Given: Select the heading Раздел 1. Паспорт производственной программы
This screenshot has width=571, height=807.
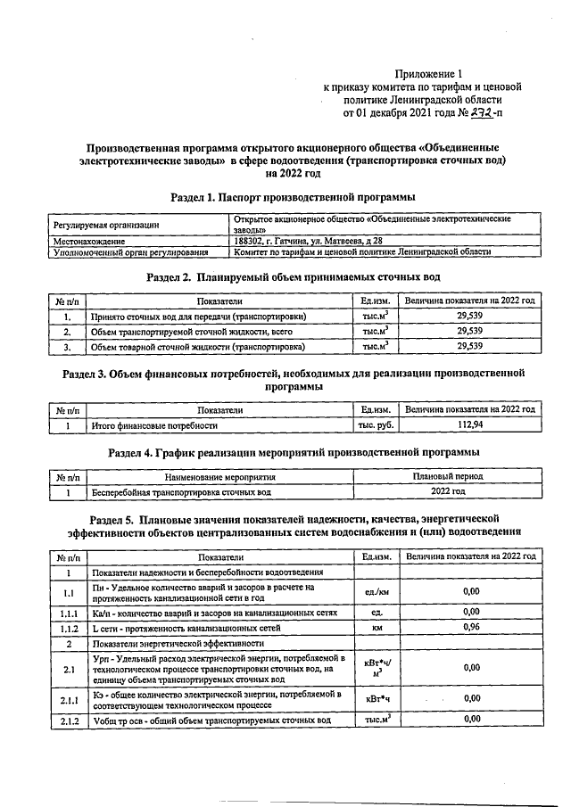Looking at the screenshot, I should pos(292,195).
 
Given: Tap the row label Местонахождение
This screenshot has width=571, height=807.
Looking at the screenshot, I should pos(88,241).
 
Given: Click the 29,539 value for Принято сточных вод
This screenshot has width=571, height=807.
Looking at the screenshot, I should pos(469,316).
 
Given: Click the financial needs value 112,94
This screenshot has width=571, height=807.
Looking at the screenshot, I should pos(469,425).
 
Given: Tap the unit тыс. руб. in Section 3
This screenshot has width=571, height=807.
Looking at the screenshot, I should pos(376,425).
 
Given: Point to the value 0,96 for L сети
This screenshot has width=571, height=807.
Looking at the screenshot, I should pos(471,628).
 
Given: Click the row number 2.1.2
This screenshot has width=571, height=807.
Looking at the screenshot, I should pos(68,720).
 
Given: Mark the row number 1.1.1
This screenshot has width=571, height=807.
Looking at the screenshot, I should pos(68,613).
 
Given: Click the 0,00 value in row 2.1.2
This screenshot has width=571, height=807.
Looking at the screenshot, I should pos(471,719).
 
